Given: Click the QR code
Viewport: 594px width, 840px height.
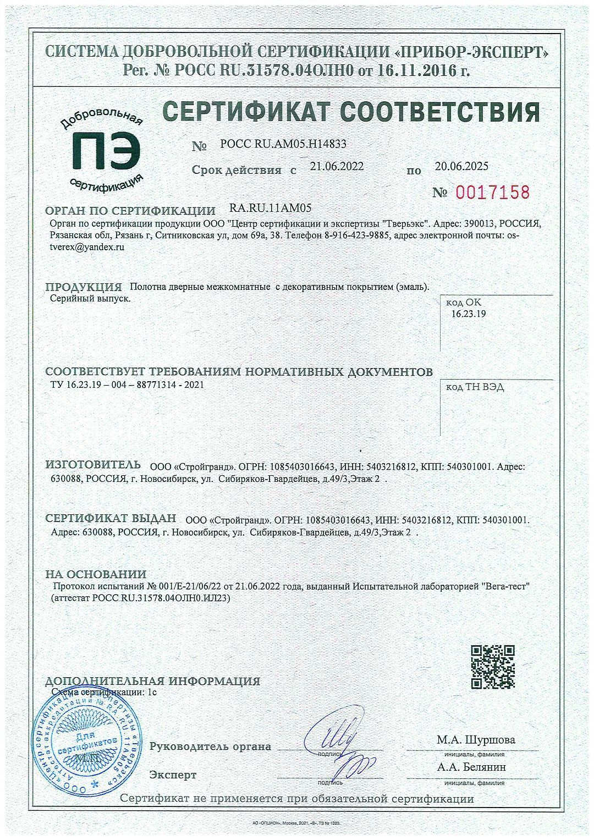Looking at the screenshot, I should [x=493, y=667].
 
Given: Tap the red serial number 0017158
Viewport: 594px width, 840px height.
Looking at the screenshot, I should [x=492, y=193].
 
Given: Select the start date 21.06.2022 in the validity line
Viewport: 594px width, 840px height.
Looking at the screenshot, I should [x=337, y=167].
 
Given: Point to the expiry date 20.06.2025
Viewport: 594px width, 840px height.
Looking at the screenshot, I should [x=461, y=166].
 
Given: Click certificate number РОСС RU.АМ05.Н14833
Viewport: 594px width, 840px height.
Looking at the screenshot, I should [x=283, y=144].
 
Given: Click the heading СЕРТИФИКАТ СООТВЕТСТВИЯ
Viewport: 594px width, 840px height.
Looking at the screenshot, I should [x=352, y=112].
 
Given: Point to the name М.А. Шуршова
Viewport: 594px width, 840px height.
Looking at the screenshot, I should [x=476, y=740].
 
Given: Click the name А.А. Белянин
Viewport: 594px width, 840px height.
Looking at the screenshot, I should [x=472, y=767].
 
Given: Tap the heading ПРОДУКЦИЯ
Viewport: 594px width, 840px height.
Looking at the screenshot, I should [x=83, y=287].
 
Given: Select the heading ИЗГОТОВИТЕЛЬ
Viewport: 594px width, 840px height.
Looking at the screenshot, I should [x=93, y=465].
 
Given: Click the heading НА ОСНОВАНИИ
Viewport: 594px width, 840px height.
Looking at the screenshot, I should [x=96, y=575].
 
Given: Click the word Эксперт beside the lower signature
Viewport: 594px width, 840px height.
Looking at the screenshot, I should [x=173, y=775].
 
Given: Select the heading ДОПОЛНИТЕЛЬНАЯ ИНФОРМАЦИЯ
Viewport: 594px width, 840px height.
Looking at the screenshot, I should [x=152, y=680].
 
